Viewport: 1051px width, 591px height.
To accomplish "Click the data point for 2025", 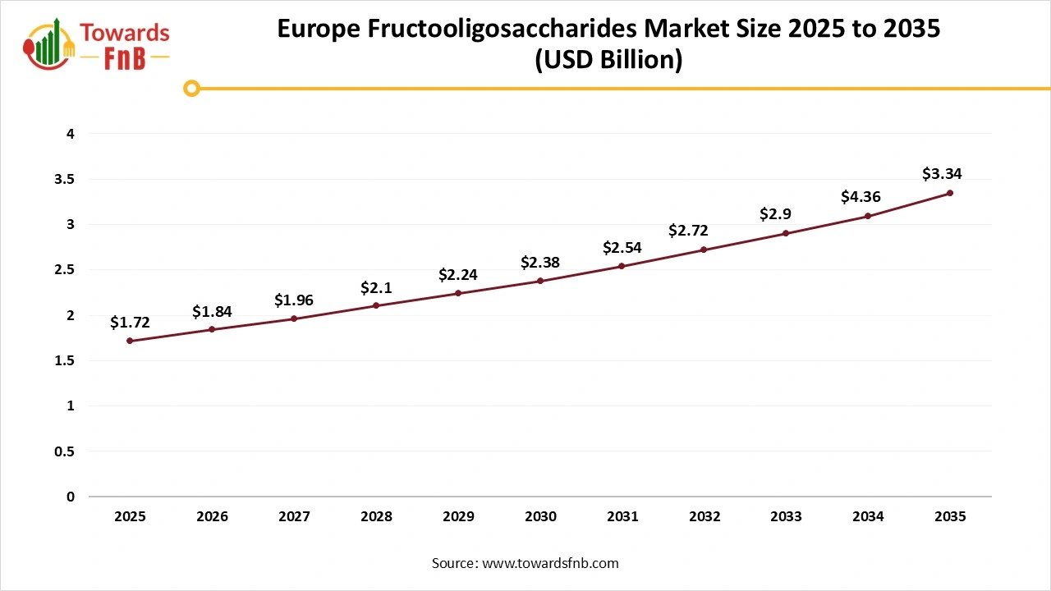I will (130, 341).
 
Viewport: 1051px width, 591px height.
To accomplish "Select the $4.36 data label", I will (861, 197).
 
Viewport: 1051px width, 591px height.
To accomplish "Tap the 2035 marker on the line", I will (950, 193).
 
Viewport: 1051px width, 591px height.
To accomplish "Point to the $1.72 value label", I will (130, 323).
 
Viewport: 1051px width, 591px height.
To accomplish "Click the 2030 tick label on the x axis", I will (540, 517).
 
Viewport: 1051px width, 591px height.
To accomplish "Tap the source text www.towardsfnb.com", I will (551, 563).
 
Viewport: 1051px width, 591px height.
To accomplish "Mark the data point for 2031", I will (622, 266).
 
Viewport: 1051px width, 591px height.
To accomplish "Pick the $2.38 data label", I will (540, 263).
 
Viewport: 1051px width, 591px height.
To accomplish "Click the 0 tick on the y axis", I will (71, 497).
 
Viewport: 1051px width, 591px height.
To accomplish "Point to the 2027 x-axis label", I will (294, 517).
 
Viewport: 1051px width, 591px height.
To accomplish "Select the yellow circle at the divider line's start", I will (191, 88).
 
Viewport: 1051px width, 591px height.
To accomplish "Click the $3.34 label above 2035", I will (942, 174).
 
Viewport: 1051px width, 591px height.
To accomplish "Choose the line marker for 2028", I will (376, 305).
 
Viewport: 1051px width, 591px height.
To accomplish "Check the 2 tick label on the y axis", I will (71, 315).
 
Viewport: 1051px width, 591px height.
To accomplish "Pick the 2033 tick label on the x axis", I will (786, 517).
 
